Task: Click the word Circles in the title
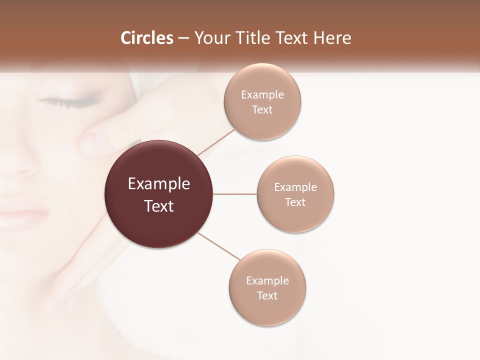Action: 147,38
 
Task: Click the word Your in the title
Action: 210,38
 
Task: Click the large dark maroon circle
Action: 158,194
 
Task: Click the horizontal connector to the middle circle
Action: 235,194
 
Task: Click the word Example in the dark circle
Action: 158,184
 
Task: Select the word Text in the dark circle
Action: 158,206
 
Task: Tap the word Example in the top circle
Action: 262,95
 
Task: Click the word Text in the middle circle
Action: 295,202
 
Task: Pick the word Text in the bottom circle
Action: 267,296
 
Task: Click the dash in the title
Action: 183,38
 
